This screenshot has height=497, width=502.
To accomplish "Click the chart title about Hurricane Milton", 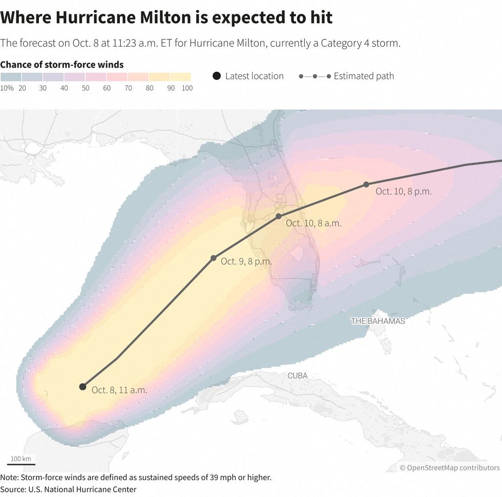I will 166,17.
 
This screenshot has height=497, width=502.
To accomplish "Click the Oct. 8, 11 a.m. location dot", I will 82,386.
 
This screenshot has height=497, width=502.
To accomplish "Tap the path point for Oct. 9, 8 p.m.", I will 214,258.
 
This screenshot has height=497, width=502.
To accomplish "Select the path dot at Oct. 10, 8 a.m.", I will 279,216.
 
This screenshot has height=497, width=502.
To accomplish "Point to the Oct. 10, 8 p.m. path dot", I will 366,184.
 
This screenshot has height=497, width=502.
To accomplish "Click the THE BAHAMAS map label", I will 378,321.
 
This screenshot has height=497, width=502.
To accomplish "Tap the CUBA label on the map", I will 297,376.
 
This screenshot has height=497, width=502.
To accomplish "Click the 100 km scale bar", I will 21,464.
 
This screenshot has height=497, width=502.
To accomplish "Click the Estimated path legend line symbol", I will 314,76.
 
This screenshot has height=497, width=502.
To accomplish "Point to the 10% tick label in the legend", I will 7,88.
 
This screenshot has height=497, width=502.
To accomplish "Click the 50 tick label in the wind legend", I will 85,88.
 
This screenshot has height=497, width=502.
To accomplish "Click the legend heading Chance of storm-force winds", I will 62,65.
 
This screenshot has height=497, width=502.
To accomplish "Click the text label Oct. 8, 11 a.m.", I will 119,390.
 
